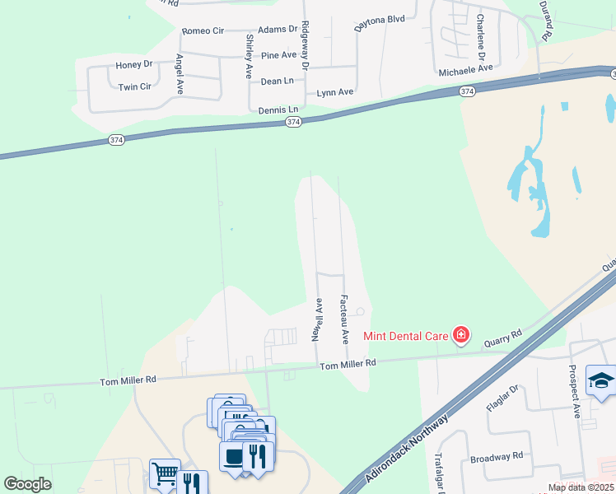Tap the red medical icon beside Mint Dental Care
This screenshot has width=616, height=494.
click(461, 334)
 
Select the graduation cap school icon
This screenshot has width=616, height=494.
click(601, 380)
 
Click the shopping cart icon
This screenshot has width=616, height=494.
click(165, 473)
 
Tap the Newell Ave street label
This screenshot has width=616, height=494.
click(315, 320)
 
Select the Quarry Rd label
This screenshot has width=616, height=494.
click(505, 338)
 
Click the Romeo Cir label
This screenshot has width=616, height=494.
click(203, 31)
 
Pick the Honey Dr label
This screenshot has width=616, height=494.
click(134, 64)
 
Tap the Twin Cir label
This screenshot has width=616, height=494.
click(134, 86)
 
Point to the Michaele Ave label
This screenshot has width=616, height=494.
click(465, 71)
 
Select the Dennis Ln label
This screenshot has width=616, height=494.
click(278, 110)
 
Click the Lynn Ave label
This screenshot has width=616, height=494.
click(335, 92)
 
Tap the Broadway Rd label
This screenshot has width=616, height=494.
click(497, 456)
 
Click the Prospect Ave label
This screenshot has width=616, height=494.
click(576, 395)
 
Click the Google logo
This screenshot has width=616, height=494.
click(28, 484)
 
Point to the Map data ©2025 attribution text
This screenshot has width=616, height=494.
click(581, 487)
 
